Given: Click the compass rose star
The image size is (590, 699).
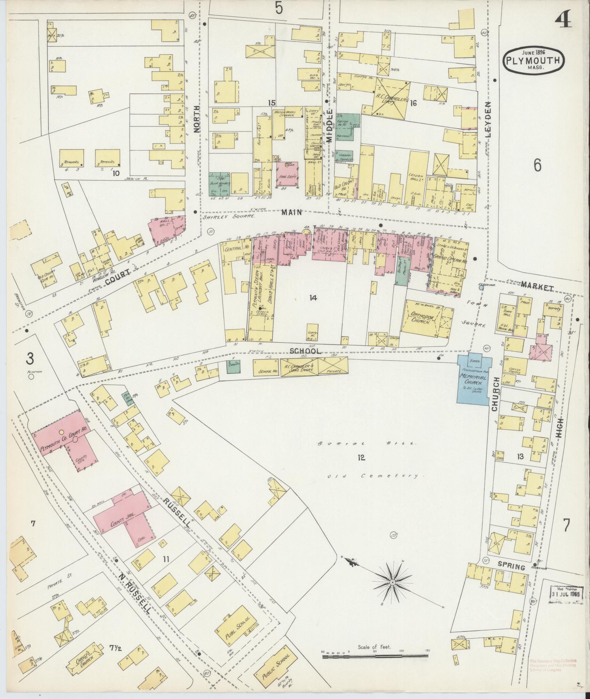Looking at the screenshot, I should point(392,581).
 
